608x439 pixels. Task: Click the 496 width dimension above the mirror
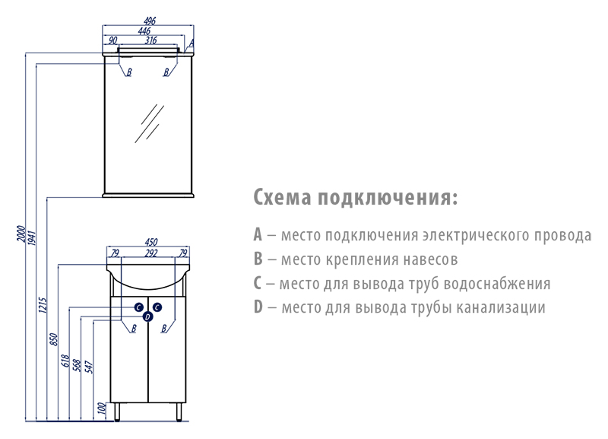click(x=150, y=21)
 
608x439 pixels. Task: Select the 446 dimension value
click(x=144, y=31)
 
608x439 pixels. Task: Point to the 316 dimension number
click(x=150, y=40)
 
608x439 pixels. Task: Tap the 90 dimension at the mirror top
click(x=112, y=40)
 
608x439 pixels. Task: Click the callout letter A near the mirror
click(x=192, y=43)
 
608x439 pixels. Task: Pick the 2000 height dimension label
click(x=21, y=233)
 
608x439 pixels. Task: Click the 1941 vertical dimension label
click(x=32, y=237)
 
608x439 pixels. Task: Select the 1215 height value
click(x=43, y=305)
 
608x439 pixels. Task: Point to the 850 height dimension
click(x=54, y=339)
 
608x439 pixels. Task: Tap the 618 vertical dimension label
click(x=65, y=361)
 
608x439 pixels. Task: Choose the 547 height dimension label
click(x=89, y=367)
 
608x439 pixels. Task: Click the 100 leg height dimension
click(x=102, y=408)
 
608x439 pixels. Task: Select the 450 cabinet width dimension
click(x=151, y=242)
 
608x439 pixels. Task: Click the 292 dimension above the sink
click(x=151, y=253)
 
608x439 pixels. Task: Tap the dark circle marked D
click(x=147, y=317)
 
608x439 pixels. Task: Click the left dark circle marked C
click(x=139, y=307)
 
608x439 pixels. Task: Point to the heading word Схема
click(x=283, y=197)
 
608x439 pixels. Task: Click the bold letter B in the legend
click(x=258, y=259)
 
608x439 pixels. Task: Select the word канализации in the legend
click(x=500, y=307)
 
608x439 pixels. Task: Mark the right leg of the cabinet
click(x=179, y=412)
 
